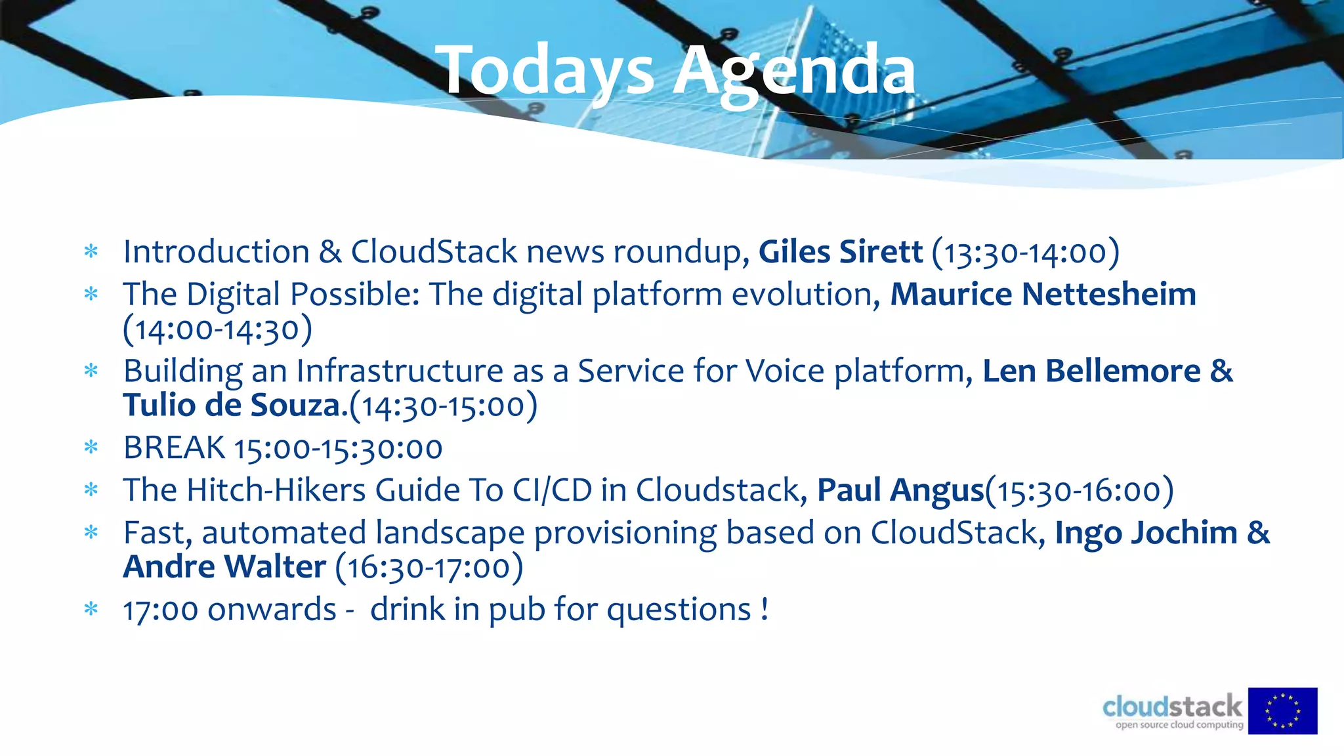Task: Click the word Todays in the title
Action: pyautogui.click(x=548, y=71)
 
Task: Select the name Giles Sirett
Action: pyautogui.click(x=840, y=252)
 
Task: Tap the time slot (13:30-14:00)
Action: pyautogui.click(x=1026, y=253)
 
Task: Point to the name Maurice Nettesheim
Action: pyautogui.click(x=1043, y=294)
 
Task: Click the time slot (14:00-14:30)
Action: pyautogui.click(x=217, y=329)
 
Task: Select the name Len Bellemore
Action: pyautogui.click(x=1091, y=371)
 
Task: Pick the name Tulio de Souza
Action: pyautogui.click(x=232, y=406)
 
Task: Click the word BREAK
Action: pyautogui.click(x=174, y=448)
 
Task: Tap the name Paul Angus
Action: pyautogui.click(x=900, y=490)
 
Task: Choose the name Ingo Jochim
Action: pyautogui.click(x=1146, y=533)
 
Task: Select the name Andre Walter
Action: pyautogui.click(x=224, y=567)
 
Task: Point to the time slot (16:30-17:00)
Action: pyautogui.click(x=429, y=568)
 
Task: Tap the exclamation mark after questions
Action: pyautogui.click(x=765, y=609)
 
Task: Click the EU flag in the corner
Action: pyautogui.click(x=1282, y=711)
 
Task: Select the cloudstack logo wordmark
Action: pyautogui.click(x=1172, y=707)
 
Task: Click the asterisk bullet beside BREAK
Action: pyautogui.click(x=91, y=448)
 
